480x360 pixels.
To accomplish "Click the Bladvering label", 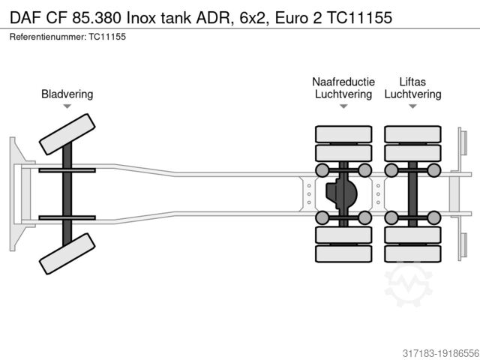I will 67,94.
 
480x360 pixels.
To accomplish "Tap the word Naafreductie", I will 343,81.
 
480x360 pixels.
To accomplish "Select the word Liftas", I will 412,81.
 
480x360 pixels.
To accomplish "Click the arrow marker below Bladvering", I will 67,106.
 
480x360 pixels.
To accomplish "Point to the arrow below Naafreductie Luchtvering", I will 343,106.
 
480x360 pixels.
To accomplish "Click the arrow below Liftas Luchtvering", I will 412,106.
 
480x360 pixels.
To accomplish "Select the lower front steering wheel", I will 67,254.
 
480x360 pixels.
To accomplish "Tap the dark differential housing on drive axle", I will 342,194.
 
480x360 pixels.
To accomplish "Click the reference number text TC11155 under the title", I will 106,37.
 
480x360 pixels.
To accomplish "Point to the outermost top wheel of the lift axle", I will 412,134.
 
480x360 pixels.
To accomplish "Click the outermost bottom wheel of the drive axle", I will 343,254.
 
